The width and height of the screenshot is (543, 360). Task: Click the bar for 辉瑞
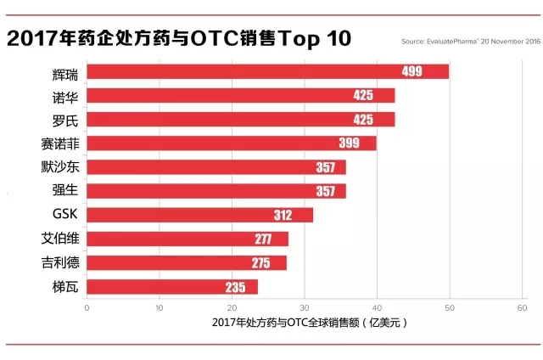pyautogui.click(x=267, y=71)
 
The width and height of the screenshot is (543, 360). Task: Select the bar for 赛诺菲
pyautogui.click(x=231, y=143)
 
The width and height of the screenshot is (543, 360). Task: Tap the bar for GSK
pyautogui.click(x=199, y=215)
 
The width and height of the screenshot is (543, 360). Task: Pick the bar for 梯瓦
pyautogui.click(x=171, y=287)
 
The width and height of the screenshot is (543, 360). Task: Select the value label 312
pyautogui.click(x=283, y=215)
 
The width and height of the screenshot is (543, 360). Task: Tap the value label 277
pyautogui.click(x=261, y=239)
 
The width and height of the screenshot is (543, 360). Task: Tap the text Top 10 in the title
pyautogui.click(x=310, y=38)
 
